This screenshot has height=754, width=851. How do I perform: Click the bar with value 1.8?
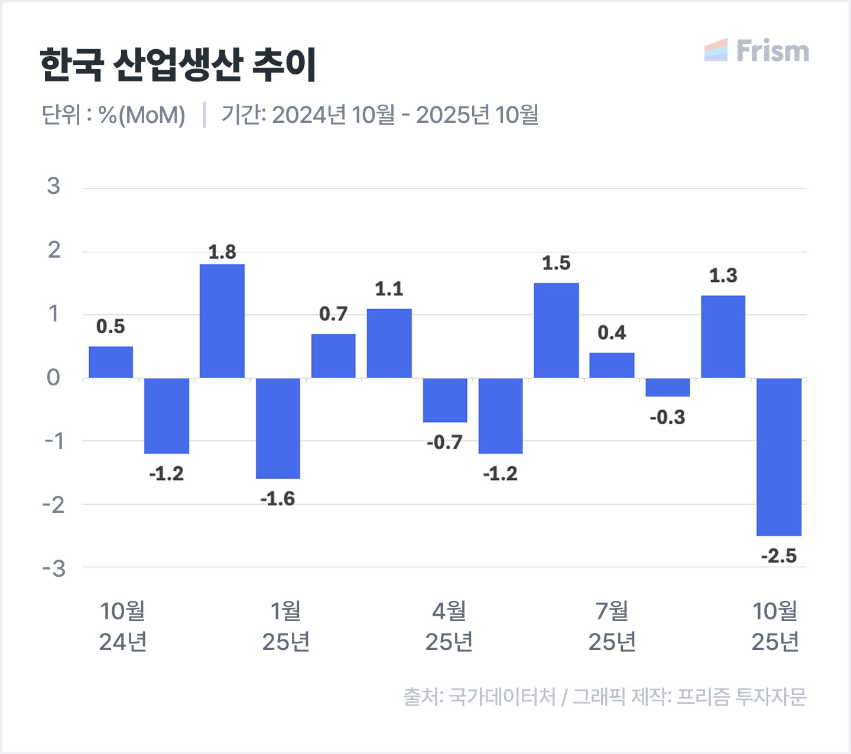222,321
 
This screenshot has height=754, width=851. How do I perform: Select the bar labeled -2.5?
779,457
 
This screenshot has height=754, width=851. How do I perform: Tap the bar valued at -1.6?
278,428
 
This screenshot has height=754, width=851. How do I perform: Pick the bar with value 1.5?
556,330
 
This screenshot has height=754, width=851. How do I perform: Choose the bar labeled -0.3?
667,387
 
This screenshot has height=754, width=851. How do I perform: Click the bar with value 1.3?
723,337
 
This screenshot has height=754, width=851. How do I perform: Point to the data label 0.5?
111,326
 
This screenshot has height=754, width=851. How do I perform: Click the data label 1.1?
389,289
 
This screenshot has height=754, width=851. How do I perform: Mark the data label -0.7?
444,442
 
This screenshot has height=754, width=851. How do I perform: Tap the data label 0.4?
612,333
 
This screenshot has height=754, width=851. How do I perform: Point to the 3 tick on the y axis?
54,187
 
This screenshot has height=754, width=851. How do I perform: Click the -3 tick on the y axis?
54,568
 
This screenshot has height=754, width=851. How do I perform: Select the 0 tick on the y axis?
54,378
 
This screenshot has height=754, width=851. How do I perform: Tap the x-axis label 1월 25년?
286,626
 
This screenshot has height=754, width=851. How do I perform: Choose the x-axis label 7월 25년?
612,626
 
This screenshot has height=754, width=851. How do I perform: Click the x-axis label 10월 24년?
123,626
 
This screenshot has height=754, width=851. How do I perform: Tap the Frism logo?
756,51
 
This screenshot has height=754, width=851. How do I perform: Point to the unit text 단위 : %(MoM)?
113,115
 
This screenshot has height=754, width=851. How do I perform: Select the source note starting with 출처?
605,697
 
